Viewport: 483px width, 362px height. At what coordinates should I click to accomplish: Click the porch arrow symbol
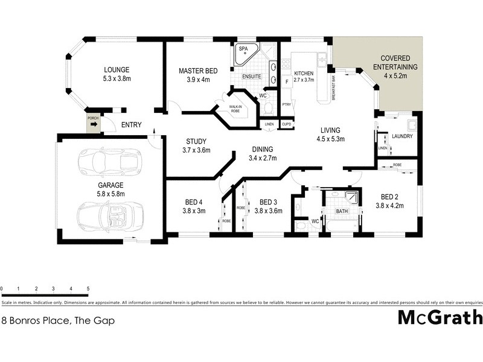(93, 124)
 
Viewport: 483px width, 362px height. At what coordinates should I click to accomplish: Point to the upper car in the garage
(110, 160)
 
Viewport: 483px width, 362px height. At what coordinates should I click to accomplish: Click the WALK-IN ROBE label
(234, 109)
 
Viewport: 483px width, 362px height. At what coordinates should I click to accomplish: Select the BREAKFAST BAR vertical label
(333, 89)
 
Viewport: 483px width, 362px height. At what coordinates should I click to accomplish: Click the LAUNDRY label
(402, 136)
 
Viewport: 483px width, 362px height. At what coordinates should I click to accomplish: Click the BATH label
(341, 211)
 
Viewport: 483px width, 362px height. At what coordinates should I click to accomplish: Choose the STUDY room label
(197, 142)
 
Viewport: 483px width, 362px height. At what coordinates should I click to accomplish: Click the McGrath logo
(440, 317)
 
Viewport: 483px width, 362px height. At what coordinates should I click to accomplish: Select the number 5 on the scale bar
(88, 289)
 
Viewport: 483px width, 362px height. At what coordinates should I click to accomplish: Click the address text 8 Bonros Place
(58, 321)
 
